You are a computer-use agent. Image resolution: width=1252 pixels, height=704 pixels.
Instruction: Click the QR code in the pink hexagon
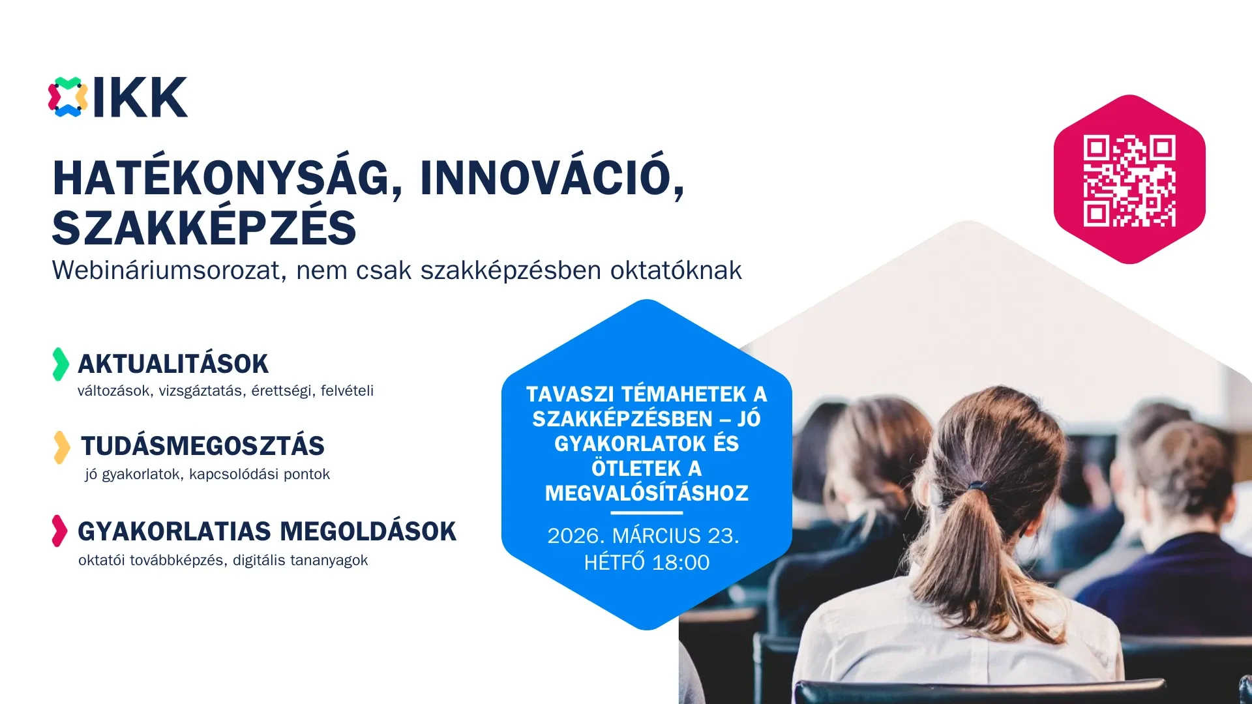coord(1129,181)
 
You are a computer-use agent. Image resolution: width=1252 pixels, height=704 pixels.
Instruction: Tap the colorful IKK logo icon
coord(68,97)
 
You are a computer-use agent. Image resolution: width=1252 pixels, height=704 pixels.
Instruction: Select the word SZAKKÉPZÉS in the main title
coord(204,227)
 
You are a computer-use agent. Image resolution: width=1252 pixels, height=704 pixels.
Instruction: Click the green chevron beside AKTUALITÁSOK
coord(60,364)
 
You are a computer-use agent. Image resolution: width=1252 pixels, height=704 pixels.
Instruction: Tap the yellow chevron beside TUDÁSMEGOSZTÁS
coord(61,447)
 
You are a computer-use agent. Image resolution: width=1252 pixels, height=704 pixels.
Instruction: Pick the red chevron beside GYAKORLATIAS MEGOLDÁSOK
coord(59,531)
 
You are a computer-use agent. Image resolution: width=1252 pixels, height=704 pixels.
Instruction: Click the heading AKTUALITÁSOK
coord(173,364)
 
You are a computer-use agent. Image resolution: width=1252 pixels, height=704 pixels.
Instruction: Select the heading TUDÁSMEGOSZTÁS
coord(202,447)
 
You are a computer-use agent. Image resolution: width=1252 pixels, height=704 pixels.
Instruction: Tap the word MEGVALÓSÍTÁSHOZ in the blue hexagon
coord(646,493)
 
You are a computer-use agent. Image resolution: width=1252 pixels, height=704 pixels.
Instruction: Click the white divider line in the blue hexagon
coord(646,513)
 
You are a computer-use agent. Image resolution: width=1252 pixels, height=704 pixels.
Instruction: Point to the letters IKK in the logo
coord(140,98)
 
